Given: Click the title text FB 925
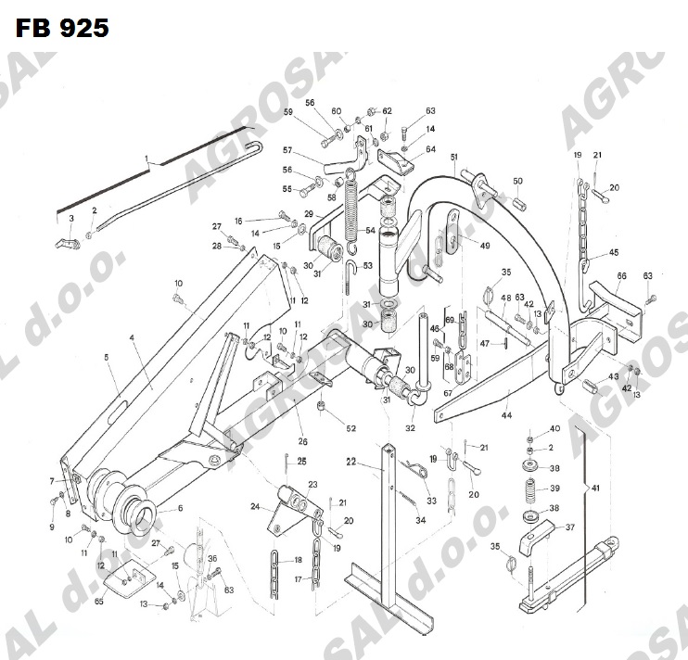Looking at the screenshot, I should pos(61,28).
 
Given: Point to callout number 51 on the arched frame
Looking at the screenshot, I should pos(455,158).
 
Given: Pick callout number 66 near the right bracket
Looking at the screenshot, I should pos(621,276).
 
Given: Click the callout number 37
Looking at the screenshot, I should pos(570,527).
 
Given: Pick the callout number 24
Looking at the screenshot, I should pos(256,506).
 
